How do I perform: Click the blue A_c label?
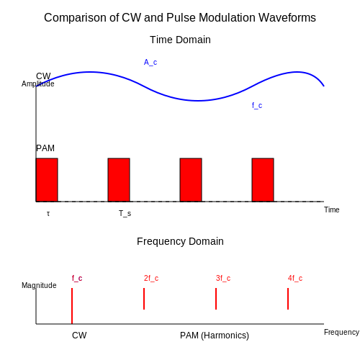pyautogui.click(x=150, y=63)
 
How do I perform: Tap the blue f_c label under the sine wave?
pyautogui.click(x=257, y=105)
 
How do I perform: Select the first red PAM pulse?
pyautogui.click(x=47, y=180)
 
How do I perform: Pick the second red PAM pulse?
pyautogui.click(x=119, y=180)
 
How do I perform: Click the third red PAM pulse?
pyautogui.click(x=191, y=180)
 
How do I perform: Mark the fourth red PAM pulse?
pyautogui.click(x=263, y=180)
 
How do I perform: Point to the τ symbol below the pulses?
pyautogui.click(x=48, y=213)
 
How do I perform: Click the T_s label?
pyautogui.click(x=125, y=213)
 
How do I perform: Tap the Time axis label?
pyautogui.click(x=332, y=210)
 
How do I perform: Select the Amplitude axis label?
pyautogui.click(x=38, y=84)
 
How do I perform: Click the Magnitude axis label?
pyautogui.click(x=39, y=285)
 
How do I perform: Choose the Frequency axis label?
pyautogui.click(x=341, y=332)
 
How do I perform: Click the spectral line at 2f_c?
pyautogui.click(x=144, y=299)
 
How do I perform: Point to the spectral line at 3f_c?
pyautogui.click(x=216, y=299)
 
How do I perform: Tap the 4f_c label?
pyautogui.click(x=295, y=279)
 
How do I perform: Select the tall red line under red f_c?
pyautogui.click(x=72, y=306)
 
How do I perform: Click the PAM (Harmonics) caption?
pyautogui.click(x=215, y=336)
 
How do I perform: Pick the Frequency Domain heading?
pyautogui.click(x=180, y=241)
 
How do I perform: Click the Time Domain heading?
pyautogui.click(x=180, y=40)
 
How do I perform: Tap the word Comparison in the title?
pyautogui.click(x=75, y=18)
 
